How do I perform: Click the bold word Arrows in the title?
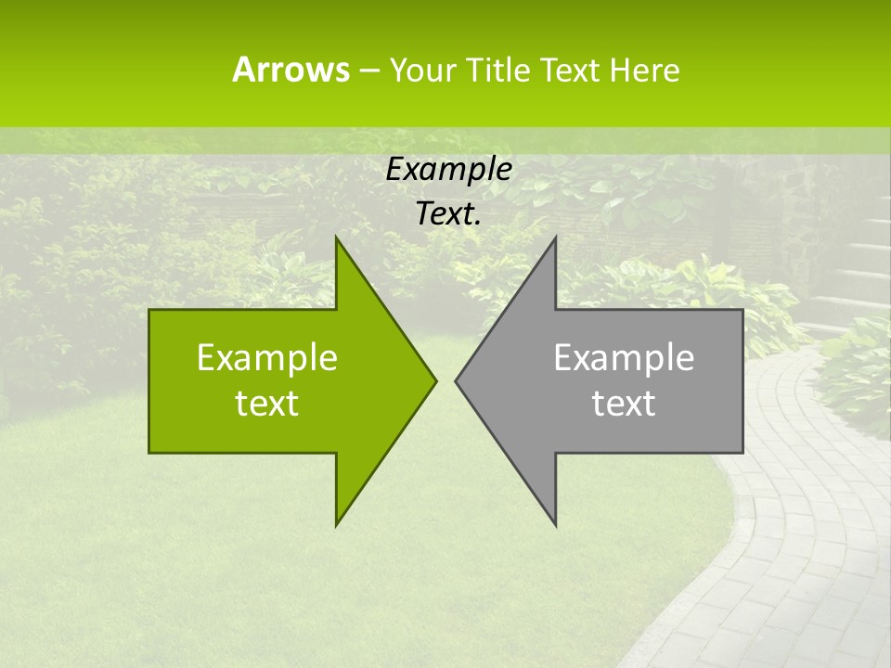point(291,70)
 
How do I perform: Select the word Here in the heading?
point(644,70)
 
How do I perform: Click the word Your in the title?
point(423,70)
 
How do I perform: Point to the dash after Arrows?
point(368,71)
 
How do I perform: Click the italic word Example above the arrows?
point(449,169)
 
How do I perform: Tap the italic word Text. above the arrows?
point(449,214)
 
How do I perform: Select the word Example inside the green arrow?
point(267,357)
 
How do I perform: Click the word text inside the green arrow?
point(267,403)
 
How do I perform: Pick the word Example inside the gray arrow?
point(624,357)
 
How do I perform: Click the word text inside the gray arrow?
point(624,403)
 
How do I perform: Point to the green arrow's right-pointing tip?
point(435,380)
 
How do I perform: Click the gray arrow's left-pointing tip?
point(456,380)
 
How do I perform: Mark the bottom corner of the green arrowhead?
point(336,525)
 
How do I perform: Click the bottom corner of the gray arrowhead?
point(555,525)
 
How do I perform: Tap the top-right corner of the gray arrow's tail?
point(742,310)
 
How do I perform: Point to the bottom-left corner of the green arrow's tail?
point(149,452)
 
